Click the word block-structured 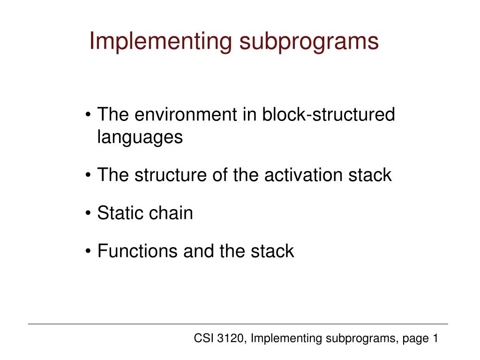pos(329,115)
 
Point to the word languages pos(140,137)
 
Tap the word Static pos(120,213)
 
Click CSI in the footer pos(203,338)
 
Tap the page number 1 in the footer pos(435,338)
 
